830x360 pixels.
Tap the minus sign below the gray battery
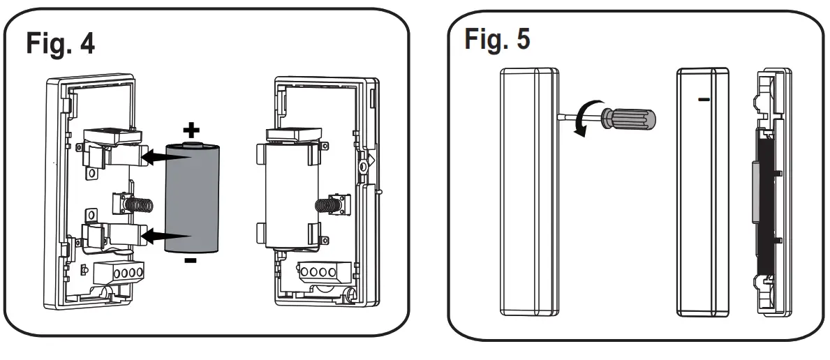tap(191, 261)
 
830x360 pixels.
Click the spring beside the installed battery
tap(327, 206)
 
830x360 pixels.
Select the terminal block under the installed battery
tap(314, 270)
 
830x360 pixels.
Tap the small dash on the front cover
tap(704, 100)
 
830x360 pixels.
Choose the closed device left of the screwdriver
tap(529, 193)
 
